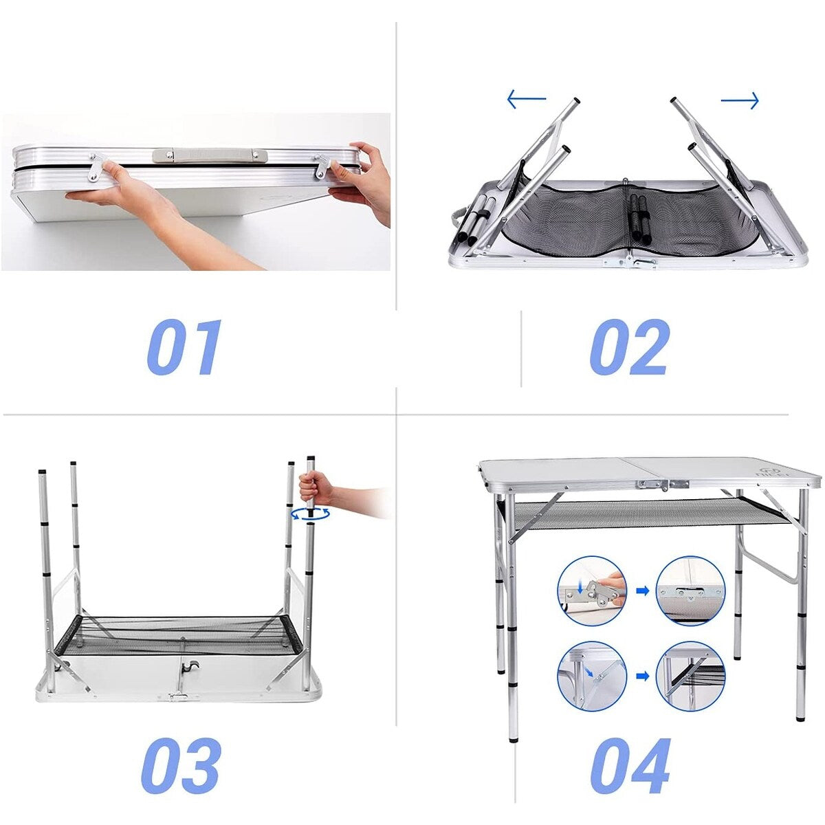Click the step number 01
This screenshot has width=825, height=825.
point(184,347)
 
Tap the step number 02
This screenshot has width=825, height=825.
point(630,347)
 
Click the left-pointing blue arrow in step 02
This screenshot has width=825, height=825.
point(527,99)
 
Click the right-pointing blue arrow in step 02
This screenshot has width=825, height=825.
point(740,101)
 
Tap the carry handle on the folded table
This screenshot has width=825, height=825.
point(211,155)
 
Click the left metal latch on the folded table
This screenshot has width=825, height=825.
point(97,167)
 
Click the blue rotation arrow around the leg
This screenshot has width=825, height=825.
point(310,514)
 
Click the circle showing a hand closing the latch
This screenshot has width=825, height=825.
point(592,591)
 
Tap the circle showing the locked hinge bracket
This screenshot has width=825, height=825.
point(690,591)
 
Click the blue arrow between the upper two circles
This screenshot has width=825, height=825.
point(643,591)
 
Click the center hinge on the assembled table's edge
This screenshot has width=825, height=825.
point(663,484)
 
